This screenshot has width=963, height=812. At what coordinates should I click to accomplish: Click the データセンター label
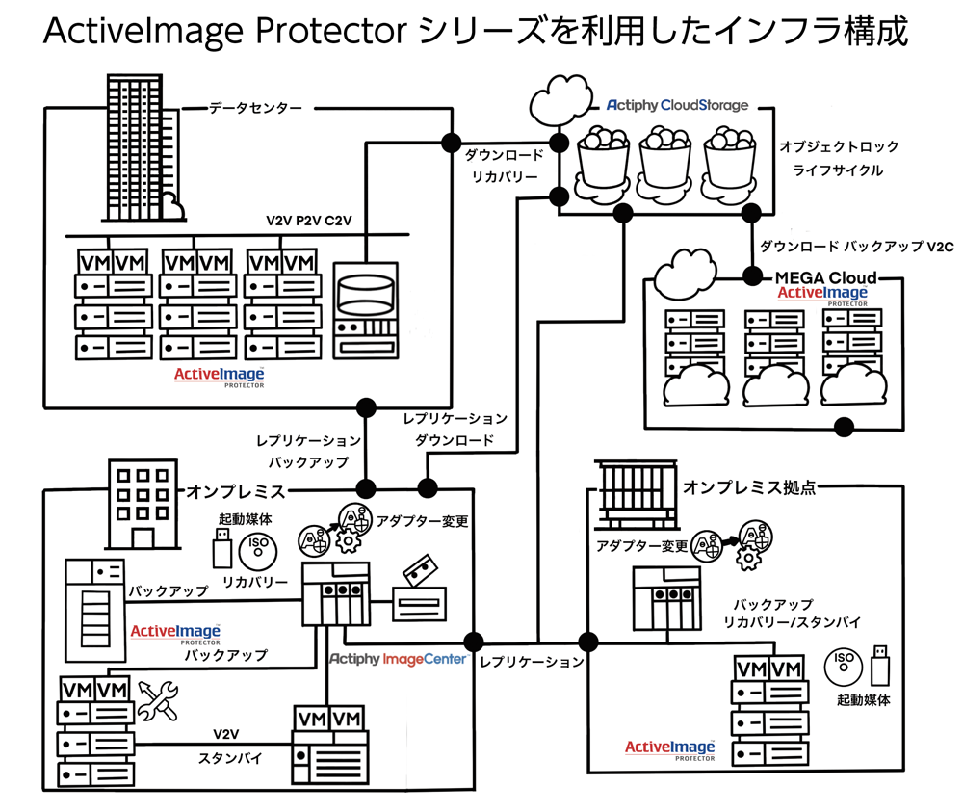(x=255, y=109)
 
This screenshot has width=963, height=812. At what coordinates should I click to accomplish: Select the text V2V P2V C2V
(x=309, y=222)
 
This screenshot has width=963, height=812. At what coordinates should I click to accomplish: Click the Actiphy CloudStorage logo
(x=677, y=105)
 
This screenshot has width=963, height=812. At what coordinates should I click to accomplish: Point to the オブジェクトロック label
(x=839, y=146)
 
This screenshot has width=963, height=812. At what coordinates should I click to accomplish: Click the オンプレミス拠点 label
(x=749, y=487)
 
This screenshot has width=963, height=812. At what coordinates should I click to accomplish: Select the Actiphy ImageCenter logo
(x=398, y=659)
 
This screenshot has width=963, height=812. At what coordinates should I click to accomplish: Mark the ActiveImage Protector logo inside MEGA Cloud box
(x=822, y=295)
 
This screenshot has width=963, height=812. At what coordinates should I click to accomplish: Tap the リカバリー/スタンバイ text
(x=792, y=622)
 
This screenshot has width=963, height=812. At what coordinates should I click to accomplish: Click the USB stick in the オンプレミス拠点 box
(x=879, y=664)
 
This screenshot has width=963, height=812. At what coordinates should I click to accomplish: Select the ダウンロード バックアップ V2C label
(x=843, y=246)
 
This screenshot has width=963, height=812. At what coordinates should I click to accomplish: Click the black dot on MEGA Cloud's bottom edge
(x=845, y=425)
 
